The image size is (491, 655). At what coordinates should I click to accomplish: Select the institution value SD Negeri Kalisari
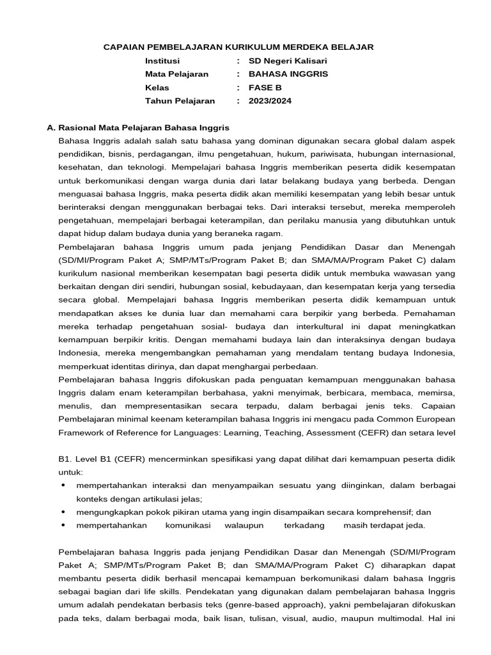(x=287, y=61)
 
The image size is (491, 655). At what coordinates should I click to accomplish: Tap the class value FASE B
(x=265, y=88)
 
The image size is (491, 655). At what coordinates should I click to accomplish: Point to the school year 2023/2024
(x=269, y=101)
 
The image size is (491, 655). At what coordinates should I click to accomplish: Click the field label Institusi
(x=162, y=61)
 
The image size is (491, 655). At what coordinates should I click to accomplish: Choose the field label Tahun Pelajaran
(x=180, y=101)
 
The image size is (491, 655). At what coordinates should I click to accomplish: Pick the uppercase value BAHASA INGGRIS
(x=288, y=74)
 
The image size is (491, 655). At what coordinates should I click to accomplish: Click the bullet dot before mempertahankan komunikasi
(x=63, y=525)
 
